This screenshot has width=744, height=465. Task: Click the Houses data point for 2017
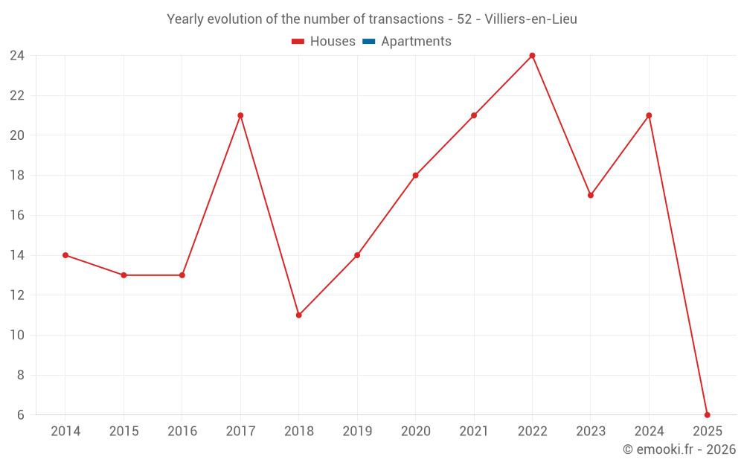coord(240,115)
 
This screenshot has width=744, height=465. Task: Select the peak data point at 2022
coord(532,55)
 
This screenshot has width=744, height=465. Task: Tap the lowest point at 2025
coord(707,415)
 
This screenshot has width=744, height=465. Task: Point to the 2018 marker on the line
coord(298,315)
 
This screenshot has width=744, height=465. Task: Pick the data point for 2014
coord(65,255)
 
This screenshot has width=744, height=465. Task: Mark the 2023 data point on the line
coord(591,195)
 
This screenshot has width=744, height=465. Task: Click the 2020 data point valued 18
coord(415,176)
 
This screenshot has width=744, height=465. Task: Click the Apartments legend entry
coord(416,42)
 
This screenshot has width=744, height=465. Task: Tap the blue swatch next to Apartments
coord(368,42)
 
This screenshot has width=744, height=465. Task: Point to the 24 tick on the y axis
coord(17,56)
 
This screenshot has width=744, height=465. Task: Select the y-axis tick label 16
coord(17,216)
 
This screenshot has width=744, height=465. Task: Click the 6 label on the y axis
coord(21,415)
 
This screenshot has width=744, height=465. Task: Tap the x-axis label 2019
coord(357,432)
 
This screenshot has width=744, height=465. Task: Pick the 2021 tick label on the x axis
coord(474,432)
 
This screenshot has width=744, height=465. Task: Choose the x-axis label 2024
coord(649,432)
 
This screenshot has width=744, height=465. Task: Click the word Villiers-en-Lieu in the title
coord(530,19)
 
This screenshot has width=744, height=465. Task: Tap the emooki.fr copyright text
coord(679,449)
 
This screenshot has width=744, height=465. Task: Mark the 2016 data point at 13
coord(182,275)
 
